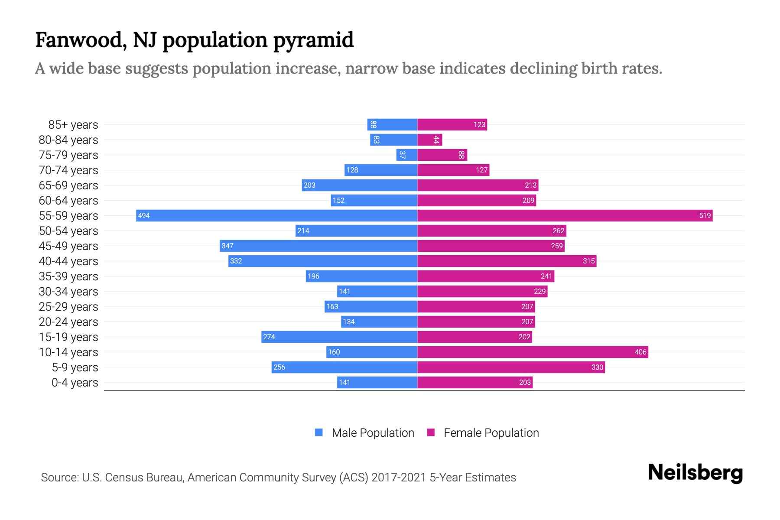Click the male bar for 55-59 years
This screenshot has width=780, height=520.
276,215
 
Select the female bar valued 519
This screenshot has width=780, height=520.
565,215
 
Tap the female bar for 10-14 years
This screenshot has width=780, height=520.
533,352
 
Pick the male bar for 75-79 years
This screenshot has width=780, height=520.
406,155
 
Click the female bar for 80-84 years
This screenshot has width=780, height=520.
429,140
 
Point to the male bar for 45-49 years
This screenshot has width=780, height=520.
318,246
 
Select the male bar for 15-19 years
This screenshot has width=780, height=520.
339,337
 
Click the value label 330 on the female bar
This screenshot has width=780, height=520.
597,367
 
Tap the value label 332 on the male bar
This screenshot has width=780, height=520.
236,261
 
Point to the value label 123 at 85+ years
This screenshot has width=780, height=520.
479,124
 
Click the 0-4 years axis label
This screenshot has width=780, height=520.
75,382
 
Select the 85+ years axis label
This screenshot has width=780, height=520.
73,124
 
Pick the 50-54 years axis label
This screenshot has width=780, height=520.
68,231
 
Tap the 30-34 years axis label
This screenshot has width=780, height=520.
68,291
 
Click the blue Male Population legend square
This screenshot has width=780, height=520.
319,432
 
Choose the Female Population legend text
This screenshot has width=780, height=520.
491,432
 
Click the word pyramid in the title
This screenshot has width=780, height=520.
313,40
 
